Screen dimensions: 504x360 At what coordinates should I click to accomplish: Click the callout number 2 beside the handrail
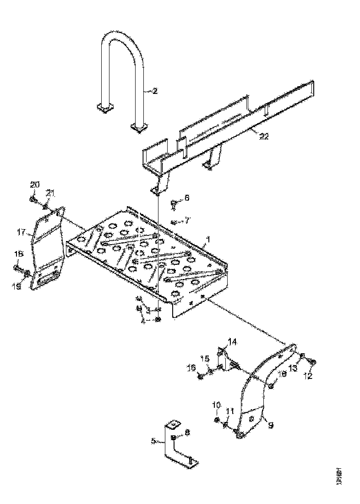tap(155, 91)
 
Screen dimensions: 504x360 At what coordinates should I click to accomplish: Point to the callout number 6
tap(186, 197)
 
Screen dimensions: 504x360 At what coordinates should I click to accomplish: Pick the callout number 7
tap(186, 221)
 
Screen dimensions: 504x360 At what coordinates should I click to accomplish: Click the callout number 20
tap(35, 185)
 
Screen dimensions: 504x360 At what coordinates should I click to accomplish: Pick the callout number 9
tap(271, 425)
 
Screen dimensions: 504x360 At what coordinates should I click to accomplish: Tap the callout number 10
tap(217, 405)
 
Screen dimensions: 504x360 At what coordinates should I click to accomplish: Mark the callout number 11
tap(229, 411)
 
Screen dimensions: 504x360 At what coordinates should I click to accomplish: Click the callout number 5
tap(153, 441)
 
